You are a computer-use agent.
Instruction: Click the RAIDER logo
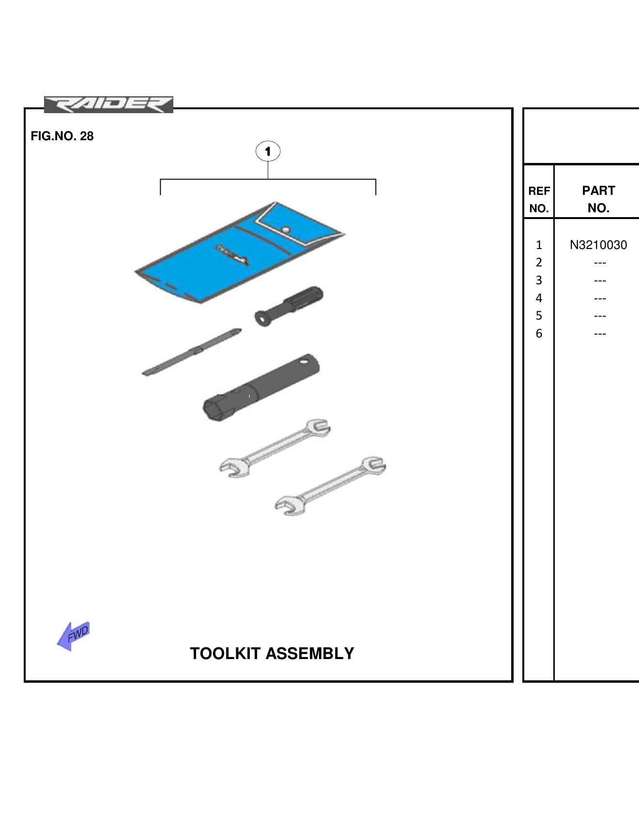coord(108,104)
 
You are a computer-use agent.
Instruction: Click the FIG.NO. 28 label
coord(62,136)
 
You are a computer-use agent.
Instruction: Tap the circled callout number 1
coord(268,151)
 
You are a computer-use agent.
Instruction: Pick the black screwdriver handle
coord(290,305)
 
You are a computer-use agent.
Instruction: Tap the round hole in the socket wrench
coord(304,360)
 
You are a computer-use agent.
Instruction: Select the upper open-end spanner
coord(275,448)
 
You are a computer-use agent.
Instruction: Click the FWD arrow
coord(74,635)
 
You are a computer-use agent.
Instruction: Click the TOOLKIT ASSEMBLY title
coord(272,653)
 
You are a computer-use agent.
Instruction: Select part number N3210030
coord(598,245)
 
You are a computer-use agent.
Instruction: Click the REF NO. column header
coord(539,199)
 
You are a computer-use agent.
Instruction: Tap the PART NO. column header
coord(598,199)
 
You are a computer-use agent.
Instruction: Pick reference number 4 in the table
coord(539,298)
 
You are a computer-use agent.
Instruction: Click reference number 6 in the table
coord(539,334)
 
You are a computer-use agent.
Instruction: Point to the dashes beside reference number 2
coord(600,263)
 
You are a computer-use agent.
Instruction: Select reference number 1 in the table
coord(539,245)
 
